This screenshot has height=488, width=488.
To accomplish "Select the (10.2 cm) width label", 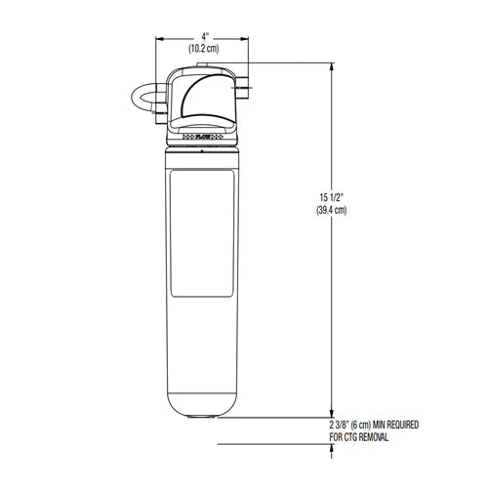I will pos(203,47).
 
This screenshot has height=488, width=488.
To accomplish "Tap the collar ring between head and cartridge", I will pos(203,149).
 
